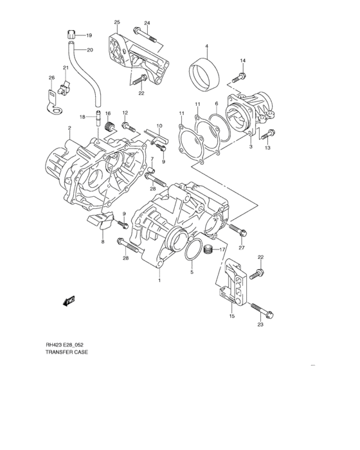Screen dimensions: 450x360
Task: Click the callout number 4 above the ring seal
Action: tap(207, 46)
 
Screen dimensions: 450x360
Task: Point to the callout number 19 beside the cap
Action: tap(89, 35)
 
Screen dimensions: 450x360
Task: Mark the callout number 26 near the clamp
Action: tap(52, 78)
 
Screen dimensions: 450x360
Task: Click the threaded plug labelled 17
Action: tap(208, 250)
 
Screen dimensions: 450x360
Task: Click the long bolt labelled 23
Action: tap(260, 310)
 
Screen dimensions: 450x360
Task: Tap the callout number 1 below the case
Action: tap(159, 281)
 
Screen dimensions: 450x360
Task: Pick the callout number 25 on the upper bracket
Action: tap(118, 23)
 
